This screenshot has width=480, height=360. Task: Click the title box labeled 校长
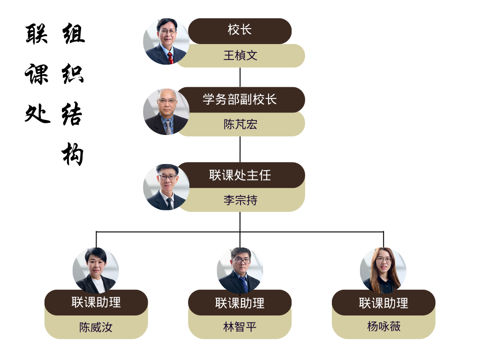[240, 30]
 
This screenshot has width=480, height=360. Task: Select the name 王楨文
[240, 56]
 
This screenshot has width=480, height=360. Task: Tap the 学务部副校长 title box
[240, 99]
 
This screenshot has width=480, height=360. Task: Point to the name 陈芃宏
[240, 124]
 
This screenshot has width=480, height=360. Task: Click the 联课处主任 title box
[240, 175]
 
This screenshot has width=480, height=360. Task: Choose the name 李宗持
[240, 200]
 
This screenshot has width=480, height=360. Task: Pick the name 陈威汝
[96, 327]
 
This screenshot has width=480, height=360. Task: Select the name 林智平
[240, 327]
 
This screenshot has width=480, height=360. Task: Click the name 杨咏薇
[383, 327]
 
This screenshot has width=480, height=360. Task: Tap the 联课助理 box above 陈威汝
[96, 302]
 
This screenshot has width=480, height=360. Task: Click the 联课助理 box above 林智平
[240, 302]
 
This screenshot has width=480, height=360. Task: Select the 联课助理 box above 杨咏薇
[383, 302]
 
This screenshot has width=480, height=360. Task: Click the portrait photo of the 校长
[166, 41]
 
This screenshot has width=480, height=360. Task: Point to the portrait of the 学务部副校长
[166, 112]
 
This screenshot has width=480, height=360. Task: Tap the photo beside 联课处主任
[166, 187]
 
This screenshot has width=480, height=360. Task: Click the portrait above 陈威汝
[96, 270]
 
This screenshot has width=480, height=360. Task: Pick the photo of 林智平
[240, 270]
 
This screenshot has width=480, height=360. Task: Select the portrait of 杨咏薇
[383, 270]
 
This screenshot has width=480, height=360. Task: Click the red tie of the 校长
[170, 58]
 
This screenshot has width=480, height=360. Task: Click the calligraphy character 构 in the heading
[73, 153]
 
